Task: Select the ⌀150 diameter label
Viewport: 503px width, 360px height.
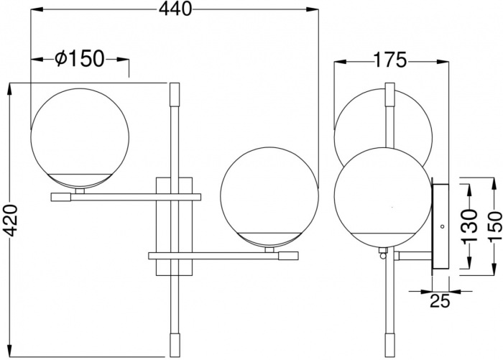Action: click(80, 59)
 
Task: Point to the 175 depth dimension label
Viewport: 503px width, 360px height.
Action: click(390, 60)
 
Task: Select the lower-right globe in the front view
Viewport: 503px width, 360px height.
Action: click(267, 197)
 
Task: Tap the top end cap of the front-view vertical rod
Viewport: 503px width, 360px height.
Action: click(174, 93)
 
